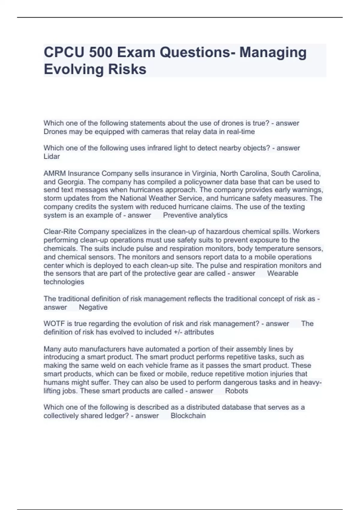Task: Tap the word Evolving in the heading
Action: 73,69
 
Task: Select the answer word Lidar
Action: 52,156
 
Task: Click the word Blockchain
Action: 188,415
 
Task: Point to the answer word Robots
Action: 236,391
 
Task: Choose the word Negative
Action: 93,307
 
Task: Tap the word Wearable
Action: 283,273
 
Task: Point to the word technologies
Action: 64,282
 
